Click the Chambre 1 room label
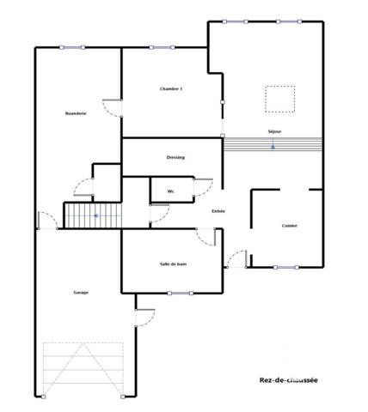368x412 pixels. point(171,89)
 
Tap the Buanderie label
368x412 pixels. point(76,113)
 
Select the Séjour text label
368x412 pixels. point(274,130)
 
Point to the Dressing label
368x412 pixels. point(175,157)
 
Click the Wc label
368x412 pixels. point(171,191)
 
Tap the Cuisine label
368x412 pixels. point(290,226)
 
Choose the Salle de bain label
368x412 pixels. point(173,264)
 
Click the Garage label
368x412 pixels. point(81,293)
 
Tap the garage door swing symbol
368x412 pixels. point(83,369)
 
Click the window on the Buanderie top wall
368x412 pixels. point(72,47)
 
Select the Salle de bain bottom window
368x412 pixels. point(180,293)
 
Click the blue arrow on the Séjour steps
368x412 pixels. point(273,147)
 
